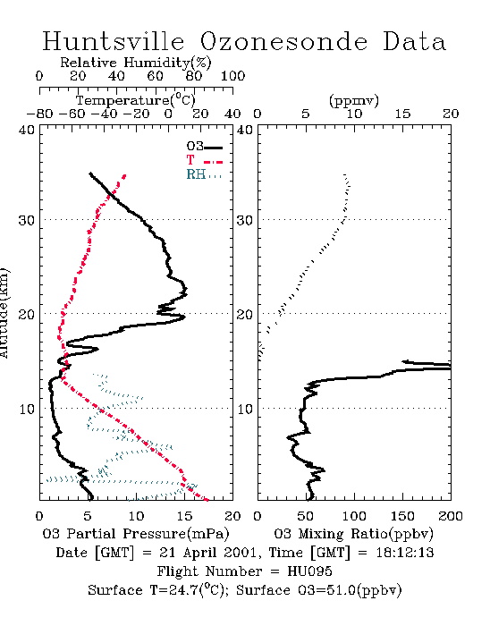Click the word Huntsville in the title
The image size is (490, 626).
tap(114, 41)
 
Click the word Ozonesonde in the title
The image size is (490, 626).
tap(283, 41)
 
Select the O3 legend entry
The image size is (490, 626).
tap(204, 147)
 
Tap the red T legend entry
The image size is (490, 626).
tap(204, 160)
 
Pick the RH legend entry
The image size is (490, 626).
tap(204, 174)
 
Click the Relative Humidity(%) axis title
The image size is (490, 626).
tap(136, 63)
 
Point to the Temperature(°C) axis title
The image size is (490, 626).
tap(136, 100)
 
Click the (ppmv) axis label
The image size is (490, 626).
tap(354, 100)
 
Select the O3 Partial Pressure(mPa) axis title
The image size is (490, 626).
tap(136, 534)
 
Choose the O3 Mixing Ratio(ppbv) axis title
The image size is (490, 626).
tap(353, 534)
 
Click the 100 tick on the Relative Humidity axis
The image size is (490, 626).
tap(232, 76)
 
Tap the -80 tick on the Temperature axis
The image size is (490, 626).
tap(39, 114)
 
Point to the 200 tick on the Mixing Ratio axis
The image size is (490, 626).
tap(451, 516)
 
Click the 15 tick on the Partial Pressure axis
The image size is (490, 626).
tap(184, 516)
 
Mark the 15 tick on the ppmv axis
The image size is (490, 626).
tap(402, 114)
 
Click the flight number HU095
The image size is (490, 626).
tap(309, 571)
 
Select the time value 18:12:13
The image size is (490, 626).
tap(405, 553)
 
